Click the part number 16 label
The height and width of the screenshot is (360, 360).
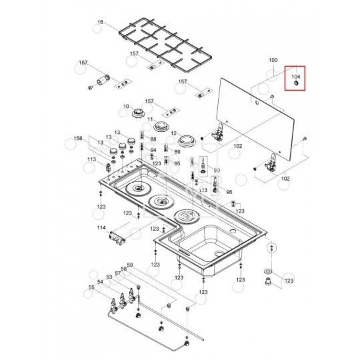click(100, 22)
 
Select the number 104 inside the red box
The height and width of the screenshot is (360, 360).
click(296, 77)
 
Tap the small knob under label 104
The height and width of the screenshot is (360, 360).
click(296, 83)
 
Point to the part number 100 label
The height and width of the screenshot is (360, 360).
click(273, 60)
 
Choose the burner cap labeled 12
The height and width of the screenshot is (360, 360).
click(187, 141)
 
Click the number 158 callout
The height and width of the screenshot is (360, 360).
click(78, 138)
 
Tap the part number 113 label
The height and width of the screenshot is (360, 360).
click(91, 159)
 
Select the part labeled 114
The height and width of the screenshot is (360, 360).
click(117, 238)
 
